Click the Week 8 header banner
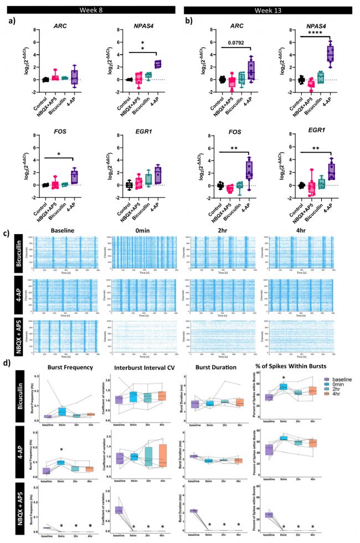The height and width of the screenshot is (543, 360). coord(91,10)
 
